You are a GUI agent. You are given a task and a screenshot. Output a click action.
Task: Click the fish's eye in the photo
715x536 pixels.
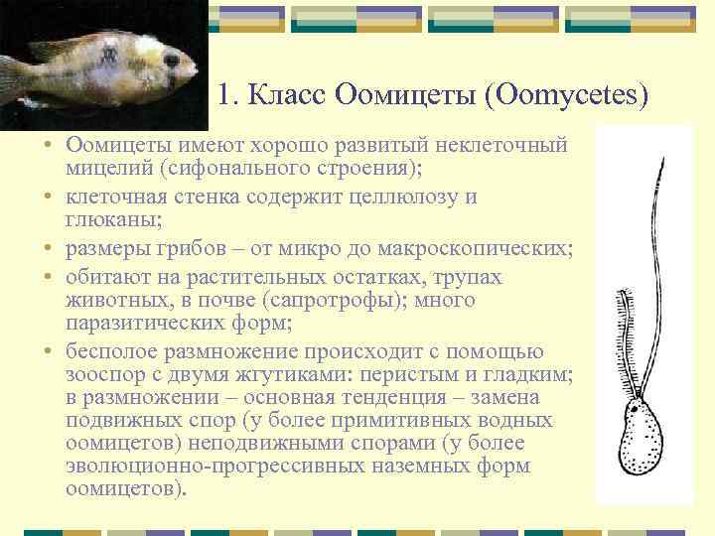tap(172, 61)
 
